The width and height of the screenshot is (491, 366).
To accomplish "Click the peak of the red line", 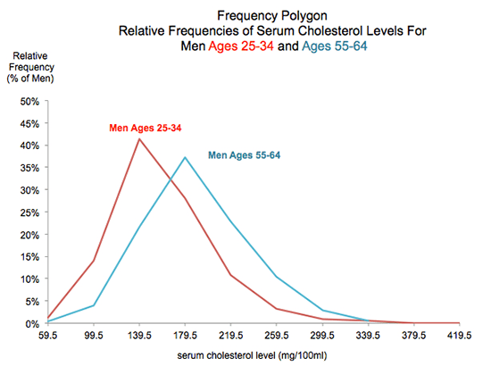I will pos(137,138).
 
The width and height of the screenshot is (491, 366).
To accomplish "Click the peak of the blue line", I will pos(184,157).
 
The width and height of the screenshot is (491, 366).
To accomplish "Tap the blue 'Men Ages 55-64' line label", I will pos(244,155).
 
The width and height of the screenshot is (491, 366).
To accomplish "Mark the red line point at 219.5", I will pos(230,275).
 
